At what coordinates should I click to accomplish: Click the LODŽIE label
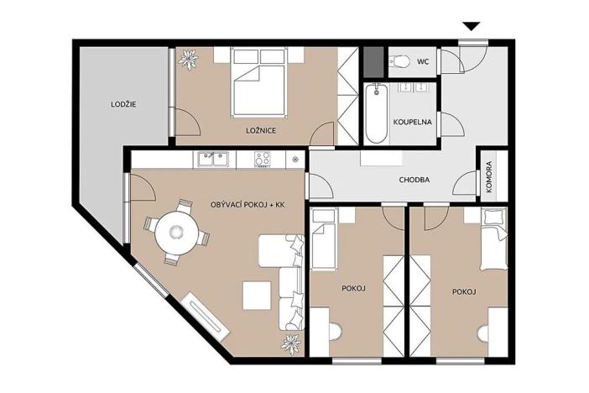123,105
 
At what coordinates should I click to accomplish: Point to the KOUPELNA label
413,122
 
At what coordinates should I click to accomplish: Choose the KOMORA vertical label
489,177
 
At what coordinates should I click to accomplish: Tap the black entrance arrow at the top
472,28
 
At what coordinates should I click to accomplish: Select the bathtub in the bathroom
376,114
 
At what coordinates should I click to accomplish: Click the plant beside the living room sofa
292,343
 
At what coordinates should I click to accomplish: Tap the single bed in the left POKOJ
322,240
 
